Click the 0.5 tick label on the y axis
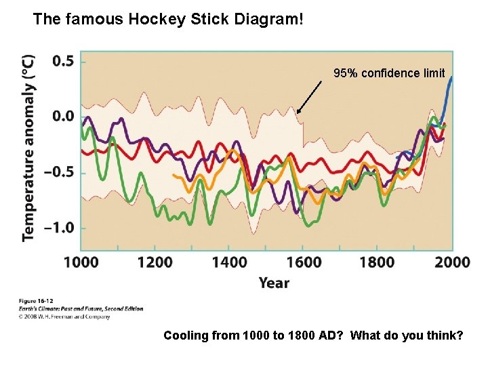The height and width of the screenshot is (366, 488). (64, 61)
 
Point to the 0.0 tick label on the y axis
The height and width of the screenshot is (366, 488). (64, 116)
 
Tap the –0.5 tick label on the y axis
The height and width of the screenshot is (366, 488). (60, 172)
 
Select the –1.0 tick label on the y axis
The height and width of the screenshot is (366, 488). (60, 228)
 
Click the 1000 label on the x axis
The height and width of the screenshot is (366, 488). (81, 262)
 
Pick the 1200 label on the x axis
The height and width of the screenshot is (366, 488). (155, 262)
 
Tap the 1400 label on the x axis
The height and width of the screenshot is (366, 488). (228, 262)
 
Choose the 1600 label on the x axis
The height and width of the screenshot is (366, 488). (303, 262)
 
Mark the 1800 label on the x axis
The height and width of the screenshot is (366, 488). (377, 262)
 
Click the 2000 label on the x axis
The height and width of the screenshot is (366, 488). (451, 262)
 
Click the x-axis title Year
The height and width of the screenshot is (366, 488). (274, 283)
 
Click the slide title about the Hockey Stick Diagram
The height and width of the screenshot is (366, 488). (168, 19)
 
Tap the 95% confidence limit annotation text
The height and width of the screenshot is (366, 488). (389, 73)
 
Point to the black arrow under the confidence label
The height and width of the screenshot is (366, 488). (310, 96)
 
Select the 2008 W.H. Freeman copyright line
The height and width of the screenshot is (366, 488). (64, 317)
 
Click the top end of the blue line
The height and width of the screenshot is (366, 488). (451, 78)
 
